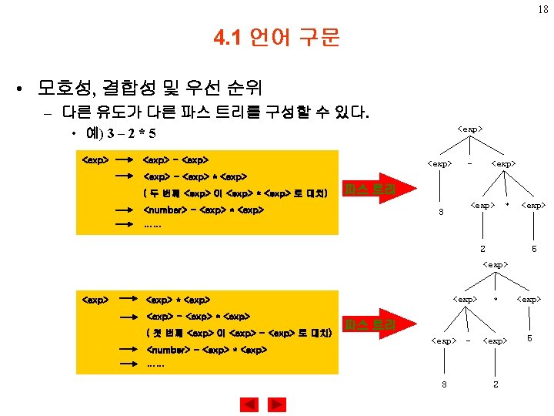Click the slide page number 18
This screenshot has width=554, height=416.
pos(542,9)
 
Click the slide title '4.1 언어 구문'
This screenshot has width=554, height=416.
pos(277,37)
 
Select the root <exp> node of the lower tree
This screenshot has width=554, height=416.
pos(495,264)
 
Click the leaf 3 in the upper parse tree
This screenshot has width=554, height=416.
pos(441,213)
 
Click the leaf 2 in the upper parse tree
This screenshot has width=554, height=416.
pos(482,248)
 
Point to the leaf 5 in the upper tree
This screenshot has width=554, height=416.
pos(533,248)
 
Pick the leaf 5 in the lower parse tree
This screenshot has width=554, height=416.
pos(529,338)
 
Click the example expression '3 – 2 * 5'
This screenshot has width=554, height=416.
pos(132,134)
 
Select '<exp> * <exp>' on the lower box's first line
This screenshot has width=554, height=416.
pos(178,299)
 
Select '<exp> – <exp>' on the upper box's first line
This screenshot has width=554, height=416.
pos(175,160)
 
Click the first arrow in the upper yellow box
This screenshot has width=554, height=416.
pos(125,160)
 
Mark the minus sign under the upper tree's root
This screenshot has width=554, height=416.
pos(470,163)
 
